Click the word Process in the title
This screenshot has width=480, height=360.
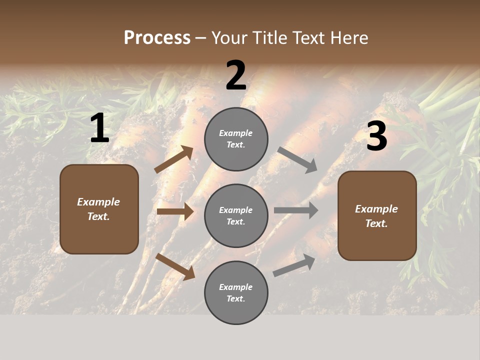[x=157, y=37]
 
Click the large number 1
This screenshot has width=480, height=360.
[x=99, y=128]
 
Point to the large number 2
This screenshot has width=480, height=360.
[x=236, y=75]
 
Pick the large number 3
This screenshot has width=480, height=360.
[x=376, y=136]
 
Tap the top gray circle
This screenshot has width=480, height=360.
[x=236, y=139]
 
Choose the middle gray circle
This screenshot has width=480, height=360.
[x=236, y=215]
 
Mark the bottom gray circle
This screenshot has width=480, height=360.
[x=236, y=292]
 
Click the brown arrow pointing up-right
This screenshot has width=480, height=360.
[x=174, y=159]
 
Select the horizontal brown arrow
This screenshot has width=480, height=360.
[x=175, y=211]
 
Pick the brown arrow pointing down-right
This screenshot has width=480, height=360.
[x=175, y=266]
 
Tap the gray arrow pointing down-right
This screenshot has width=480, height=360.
[x=297, y=159]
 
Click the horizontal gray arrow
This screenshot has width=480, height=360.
[x=296, y=210]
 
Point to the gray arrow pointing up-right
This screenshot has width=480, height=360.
[x=294, y=265]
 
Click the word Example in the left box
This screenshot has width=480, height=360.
[x=98, y=202]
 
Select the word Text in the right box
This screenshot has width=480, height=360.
[x=375, y=223]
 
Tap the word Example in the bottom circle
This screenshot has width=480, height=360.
[x=236, y=287]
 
